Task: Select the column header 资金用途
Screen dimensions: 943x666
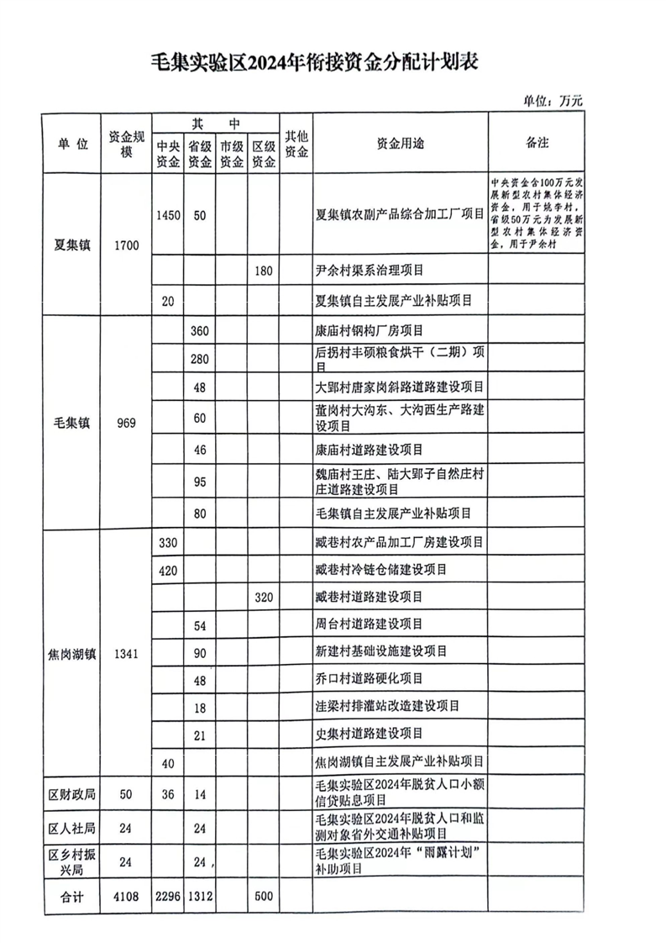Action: pos(401,143)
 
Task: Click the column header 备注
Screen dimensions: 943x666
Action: pos(537,142)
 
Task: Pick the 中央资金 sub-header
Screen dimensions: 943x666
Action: pos(168,154)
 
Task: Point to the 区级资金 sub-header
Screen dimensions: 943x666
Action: pos(264,154)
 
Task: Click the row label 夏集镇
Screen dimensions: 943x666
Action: pos(71,245)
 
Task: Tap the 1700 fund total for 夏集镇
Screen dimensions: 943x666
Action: pos(126,245)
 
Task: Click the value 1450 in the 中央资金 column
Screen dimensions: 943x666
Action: pos(168,215)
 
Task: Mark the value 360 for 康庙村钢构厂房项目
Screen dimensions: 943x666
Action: pos(199,330)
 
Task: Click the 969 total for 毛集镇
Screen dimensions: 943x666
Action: pos(126,422)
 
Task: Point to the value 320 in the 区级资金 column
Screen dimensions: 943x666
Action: pos(264,596)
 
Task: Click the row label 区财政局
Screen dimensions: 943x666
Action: pos(71,793)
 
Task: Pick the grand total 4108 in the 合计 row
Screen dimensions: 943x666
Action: pos(126,897)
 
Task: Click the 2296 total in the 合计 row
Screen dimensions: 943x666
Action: pos(168,897)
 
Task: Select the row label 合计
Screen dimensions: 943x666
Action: pos(71,897)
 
